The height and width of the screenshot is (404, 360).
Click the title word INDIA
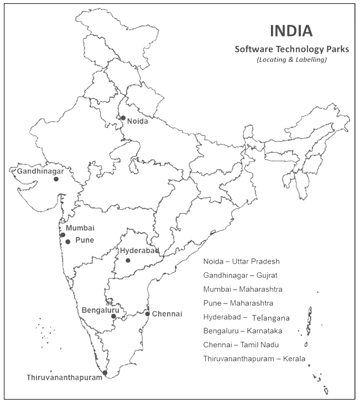tap(290, 30)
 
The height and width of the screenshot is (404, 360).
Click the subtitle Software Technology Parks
tap(291, 49)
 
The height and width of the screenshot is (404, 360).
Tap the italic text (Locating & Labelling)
tap(291, 60)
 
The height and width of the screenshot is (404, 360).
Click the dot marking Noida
tap(123, 118)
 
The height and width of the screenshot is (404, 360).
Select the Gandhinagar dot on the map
tap(56, 179)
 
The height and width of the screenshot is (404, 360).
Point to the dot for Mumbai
tap(62, 235)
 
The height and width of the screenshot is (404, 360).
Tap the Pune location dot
tap(67, 242)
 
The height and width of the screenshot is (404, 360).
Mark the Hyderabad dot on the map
tap(128, 260)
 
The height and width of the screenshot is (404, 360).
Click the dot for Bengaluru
tap(113, 317)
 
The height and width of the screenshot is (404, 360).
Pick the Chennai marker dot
tap(147, 314)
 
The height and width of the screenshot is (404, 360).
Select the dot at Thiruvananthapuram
tap(105, 373)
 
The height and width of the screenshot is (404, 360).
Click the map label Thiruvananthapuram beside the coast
tap(65, 377)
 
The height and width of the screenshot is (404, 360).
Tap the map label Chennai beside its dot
tap(167, 314)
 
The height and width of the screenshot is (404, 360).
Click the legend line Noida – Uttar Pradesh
tap(242, 261)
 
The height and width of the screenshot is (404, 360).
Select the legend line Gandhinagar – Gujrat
tap(241, 275)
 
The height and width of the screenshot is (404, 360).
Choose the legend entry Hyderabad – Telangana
tap(247, 318)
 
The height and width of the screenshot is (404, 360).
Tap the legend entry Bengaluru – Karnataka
tap(243, 331)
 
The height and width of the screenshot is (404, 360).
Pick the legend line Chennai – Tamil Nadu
tap(241, 345)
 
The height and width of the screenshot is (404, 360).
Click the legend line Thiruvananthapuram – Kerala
tap(254, 359)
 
